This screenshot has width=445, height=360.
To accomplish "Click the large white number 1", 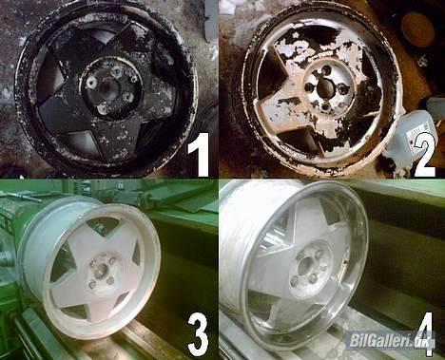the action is tap(199, 155).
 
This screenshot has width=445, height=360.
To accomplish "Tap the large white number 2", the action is tap(423, 155).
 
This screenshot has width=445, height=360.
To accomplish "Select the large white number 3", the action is tap(199, 335).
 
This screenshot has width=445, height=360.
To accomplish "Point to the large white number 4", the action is tap(425, 336).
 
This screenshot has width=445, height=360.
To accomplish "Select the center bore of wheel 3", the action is tap(101, 272).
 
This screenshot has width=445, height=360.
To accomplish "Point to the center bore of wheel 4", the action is tap(306, 267).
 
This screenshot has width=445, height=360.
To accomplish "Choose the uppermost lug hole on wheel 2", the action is tap(317, 74).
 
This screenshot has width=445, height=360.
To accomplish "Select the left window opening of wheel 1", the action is tap(52, 79).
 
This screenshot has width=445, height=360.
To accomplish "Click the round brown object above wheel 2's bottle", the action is tap(416, 26).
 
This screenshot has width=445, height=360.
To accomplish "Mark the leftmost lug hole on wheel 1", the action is tap(92, 84).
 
